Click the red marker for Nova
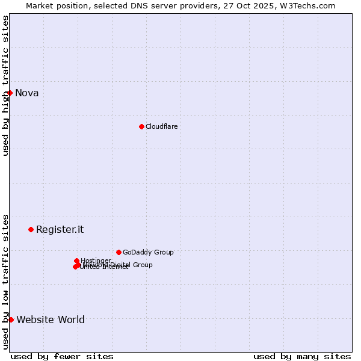[10, 93]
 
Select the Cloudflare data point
[141, 126]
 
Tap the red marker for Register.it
[31, 229]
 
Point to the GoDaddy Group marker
[119, 252]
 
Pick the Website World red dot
[11, 319]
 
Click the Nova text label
[26, 93]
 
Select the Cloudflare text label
[161, 126]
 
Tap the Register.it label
[60, 229]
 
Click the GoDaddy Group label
[148, 252]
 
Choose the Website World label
[51, 319]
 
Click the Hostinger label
[96, 261]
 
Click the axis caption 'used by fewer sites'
[62, 356]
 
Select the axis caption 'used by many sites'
[302, 356]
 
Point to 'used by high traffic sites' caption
[5, 85]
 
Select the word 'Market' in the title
[40, 5]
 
